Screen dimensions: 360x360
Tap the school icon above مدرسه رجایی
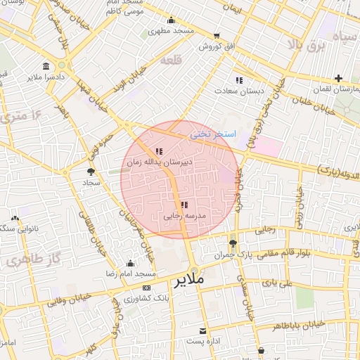point(184,205)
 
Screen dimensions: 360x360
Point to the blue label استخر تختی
point(214,133)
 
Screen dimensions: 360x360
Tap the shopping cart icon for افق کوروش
point(216,35)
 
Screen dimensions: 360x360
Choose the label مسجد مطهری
point(176,32)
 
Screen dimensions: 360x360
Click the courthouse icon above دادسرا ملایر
point(46,66)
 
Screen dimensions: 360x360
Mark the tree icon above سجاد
point(91,171)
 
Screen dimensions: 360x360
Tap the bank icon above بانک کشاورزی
point(146,288)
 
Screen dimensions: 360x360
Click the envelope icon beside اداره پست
point(204,330)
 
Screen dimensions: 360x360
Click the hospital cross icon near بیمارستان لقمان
point(339,78)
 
